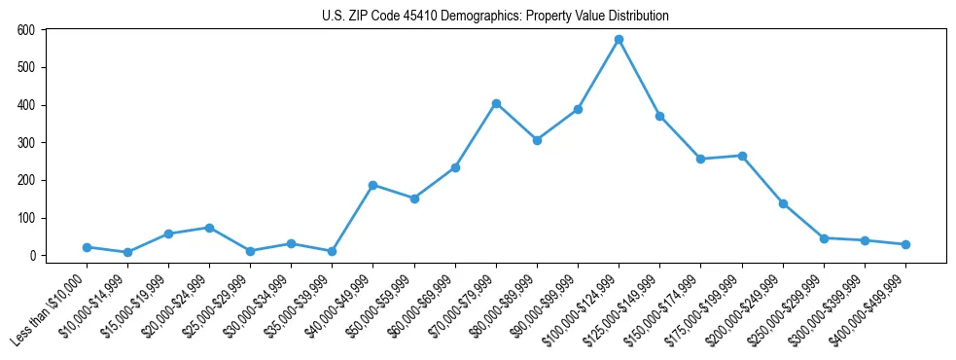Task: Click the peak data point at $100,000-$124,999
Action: tap(619, 40)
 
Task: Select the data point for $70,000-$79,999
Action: tap(496, 103)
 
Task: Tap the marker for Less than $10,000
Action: tap(87, 247)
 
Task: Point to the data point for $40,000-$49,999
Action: tap(372, 185)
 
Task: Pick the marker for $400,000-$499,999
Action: tap(905, 244)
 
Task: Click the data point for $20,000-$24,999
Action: tap(209, 228)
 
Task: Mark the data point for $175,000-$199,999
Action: tap(742, 156)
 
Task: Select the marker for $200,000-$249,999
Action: tap(783, 203)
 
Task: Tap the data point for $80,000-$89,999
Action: tap(537, 140)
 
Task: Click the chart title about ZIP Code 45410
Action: tap(495, 17)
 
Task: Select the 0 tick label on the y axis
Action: tap(31, 256)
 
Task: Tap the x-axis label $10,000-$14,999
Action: tap(93, 306)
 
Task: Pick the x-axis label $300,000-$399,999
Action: tap(827, 306)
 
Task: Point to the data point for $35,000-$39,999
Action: tap(332, 251)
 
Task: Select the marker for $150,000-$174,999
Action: tap(700, 159)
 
